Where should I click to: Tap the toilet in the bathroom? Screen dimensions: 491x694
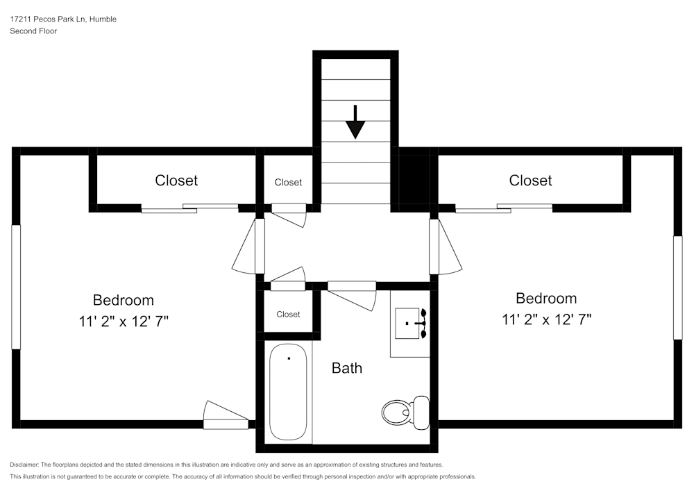tap(406, 412)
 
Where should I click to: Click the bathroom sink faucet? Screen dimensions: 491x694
tap(419, 324)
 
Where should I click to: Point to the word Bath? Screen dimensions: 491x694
tap(346, 368)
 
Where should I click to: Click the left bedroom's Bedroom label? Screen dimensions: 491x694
tap(124, 300)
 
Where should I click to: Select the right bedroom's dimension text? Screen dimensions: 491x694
tap(546, 319)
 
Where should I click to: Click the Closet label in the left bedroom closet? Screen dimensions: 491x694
tap(176, 181)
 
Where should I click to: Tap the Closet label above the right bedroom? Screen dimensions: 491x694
tap(530, 181)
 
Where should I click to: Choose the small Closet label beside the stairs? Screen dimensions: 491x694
tap(288, 183)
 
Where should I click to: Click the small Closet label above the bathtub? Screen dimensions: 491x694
tap(288, 315)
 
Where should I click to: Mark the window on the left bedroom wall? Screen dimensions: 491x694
tap(15, 286)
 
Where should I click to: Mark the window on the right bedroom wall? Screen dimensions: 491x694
tap(677, 288)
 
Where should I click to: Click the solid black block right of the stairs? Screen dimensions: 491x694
tap(414, 177)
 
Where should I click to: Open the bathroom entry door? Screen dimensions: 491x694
tap(353, 292)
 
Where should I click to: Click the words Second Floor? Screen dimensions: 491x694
tap(33, 31)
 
